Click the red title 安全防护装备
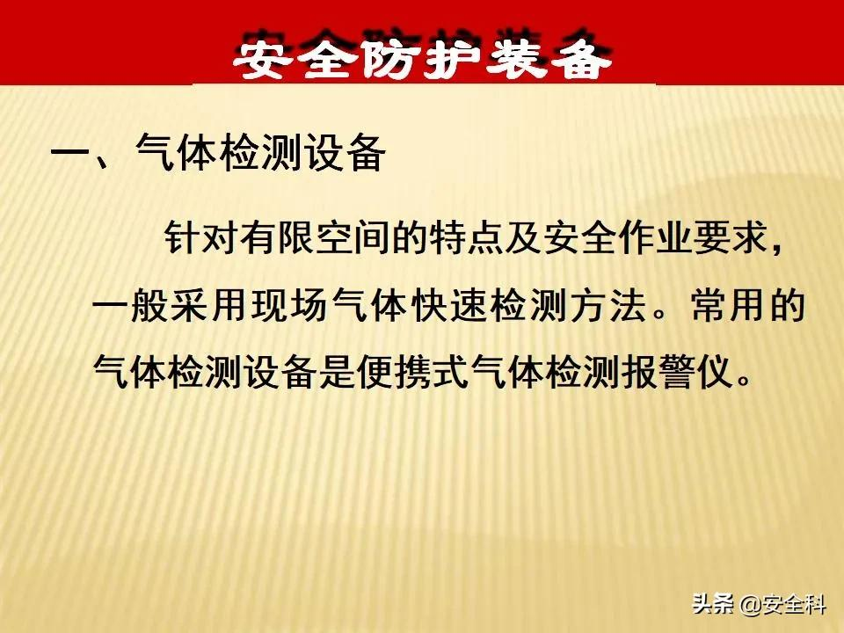[423, 55]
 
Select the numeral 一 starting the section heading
[71, 152]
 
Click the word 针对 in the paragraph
[201, 236]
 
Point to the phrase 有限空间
[315, 236]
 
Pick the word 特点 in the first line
[466, 236]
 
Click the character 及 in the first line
[522, 236]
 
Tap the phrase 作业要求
[693, 236]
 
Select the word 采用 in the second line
[206, 305]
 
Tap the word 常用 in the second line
[729, 305]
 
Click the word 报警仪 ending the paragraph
[678, 371]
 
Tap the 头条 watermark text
[712, 603]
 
